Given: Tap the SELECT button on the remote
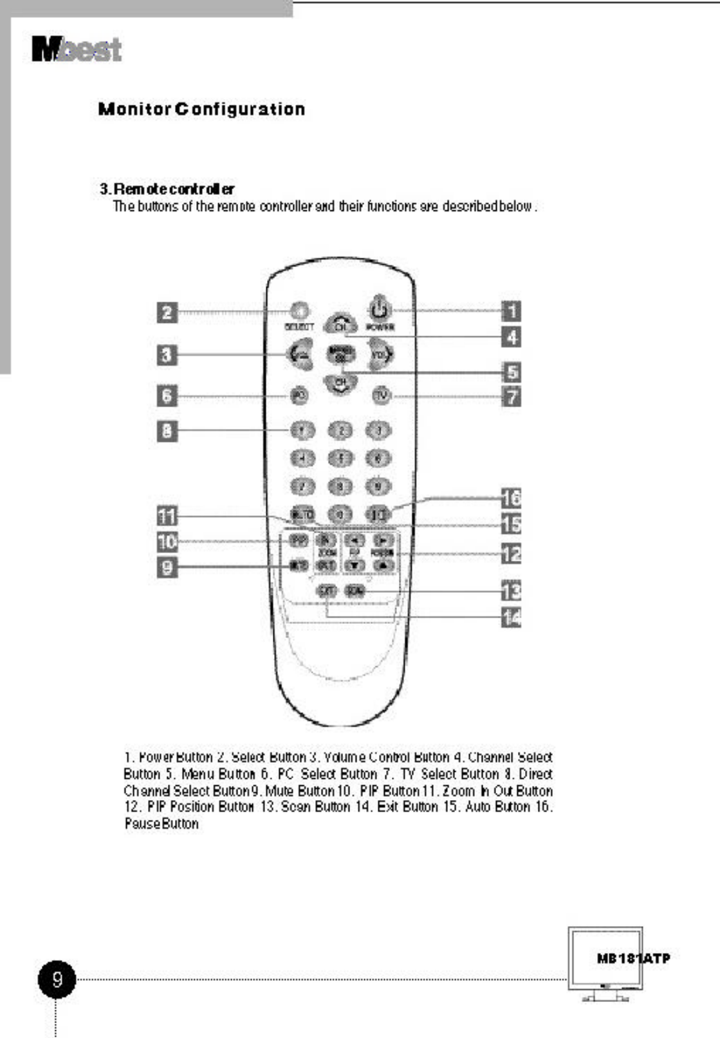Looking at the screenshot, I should (299, 311).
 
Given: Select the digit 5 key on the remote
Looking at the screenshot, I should (341, 459).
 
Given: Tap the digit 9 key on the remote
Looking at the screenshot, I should (379, 487).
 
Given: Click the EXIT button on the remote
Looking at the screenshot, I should (326, 590).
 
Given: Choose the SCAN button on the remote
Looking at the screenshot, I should (355, 590).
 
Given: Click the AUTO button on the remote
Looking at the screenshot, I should (302, 514).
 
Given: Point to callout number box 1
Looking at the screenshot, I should (511, 311).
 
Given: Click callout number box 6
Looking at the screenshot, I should (167, 395).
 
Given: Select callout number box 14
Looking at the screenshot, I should (511, 618).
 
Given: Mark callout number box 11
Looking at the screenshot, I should (167, 516).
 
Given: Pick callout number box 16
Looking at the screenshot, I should (511, 498).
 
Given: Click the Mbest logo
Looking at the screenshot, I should (77, 50).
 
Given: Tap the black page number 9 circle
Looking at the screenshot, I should (57, 979).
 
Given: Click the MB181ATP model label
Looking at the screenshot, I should (633, 958).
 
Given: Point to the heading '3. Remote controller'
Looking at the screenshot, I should (167, 189).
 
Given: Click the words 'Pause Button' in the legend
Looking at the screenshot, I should (162, 824).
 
